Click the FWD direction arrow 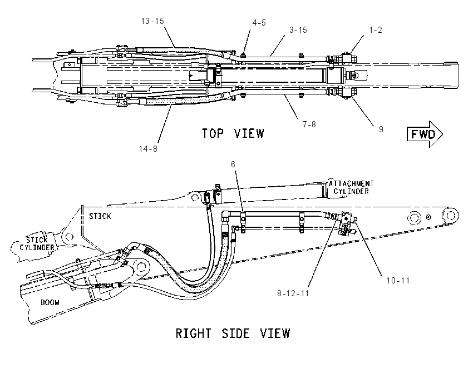point(425,134)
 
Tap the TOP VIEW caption point(233,133)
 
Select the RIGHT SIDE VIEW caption point(233,333)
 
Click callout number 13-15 point(152,21)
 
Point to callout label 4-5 point(259,23)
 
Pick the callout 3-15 point(298,30)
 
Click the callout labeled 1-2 point(376,30)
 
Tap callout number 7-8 point(309,124)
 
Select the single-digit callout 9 point(381,129)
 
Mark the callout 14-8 point(148,149)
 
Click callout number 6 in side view point(233,164)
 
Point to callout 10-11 point(398,281)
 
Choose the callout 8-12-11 point(293,293)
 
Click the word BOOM point(50,302)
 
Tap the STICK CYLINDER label point(37,243)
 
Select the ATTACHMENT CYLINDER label point(351,187)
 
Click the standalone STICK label point(100,216)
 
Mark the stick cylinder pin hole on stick point(69,237)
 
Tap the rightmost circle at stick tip point(450,216)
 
